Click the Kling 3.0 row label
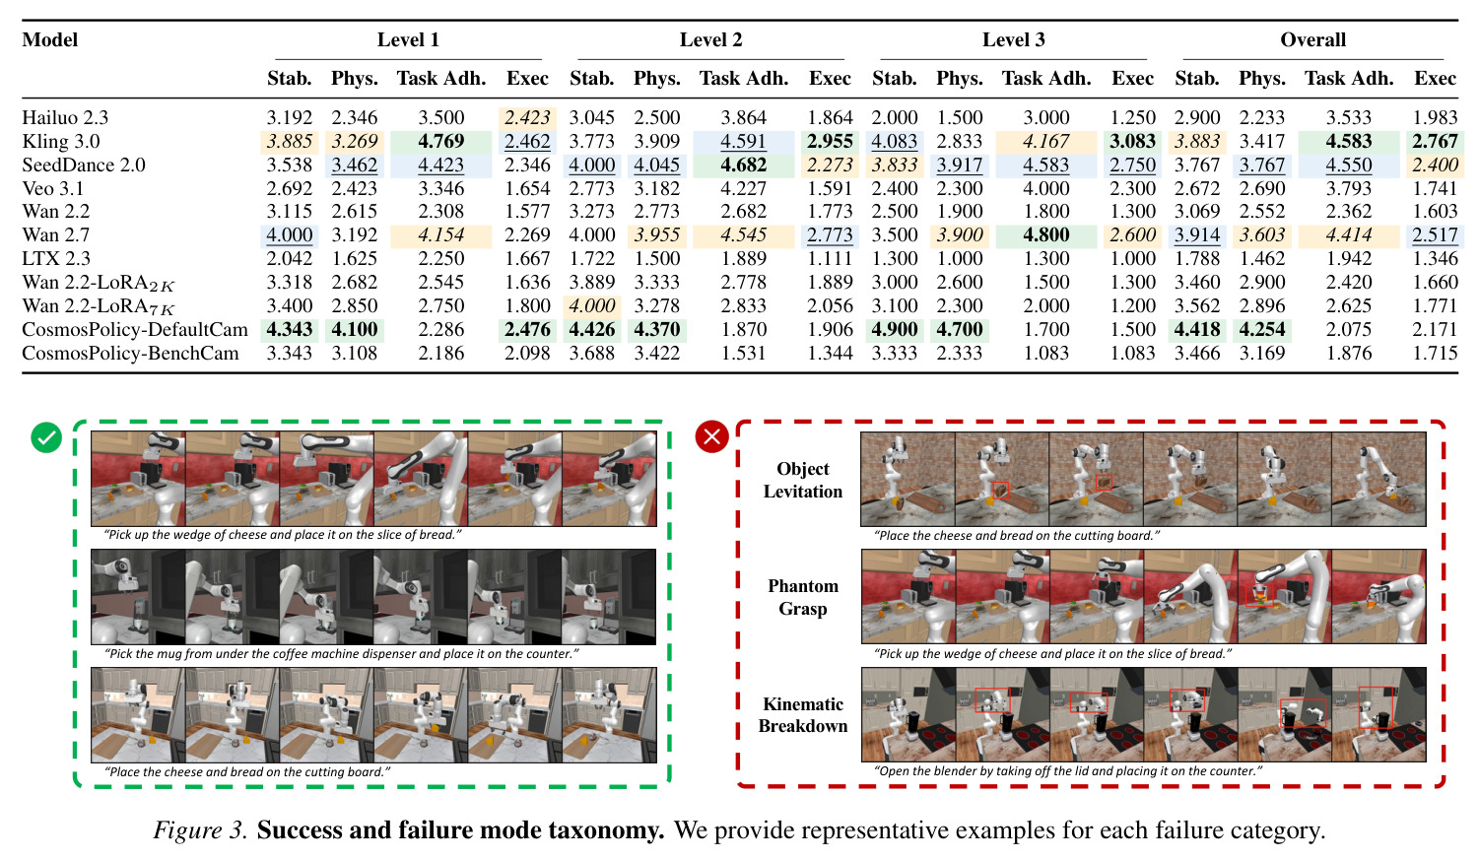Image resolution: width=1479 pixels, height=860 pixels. [61, 141]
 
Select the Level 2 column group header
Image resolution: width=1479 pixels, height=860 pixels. [710, 39]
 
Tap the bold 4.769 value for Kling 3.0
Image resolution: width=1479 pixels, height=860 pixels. [440, 141]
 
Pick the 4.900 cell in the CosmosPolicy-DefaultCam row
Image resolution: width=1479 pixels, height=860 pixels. [895, 329]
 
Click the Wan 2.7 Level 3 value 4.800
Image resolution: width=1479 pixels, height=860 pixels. [1045, 235]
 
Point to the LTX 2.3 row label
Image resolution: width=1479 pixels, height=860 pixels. [56, 259]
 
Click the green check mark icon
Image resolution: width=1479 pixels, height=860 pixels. [46, 437]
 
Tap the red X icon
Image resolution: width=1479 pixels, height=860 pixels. [711, 436]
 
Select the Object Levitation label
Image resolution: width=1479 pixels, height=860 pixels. [803, 480]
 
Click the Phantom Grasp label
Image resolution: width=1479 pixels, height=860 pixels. [803, 597]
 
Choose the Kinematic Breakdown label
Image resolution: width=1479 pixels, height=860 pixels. [803, 715]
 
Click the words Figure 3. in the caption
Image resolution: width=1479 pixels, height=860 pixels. [200, 830]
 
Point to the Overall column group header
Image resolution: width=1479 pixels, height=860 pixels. [1312, 39]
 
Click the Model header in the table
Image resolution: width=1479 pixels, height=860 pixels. [50, 39]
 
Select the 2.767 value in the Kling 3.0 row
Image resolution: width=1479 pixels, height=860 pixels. [1435, 141]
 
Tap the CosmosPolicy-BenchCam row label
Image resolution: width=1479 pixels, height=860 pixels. [130, 353]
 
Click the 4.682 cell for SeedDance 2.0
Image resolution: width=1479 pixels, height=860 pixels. [744, 165]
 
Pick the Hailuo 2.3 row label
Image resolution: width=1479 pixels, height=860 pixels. [65, 117]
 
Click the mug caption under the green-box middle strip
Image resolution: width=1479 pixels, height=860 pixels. [341, 654]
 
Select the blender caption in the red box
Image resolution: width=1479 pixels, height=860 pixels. [1068, 771]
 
